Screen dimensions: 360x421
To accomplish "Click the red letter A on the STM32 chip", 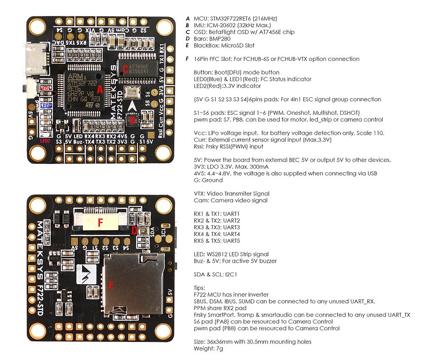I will tap(100, 90).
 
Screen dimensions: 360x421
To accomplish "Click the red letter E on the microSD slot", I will tap(110, 285).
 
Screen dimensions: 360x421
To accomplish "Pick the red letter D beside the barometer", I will tap(134, 232).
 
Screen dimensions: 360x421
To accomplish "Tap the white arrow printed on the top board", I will tap(133, 106).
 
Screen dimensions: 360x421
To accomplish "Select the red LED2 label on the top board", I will tap(45, 141).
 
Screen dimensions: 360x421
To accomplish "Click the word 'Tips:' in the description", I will tap(200, 288).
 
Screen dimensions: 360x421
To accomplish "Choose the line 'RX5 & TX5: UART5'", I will tap(217, 241).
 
